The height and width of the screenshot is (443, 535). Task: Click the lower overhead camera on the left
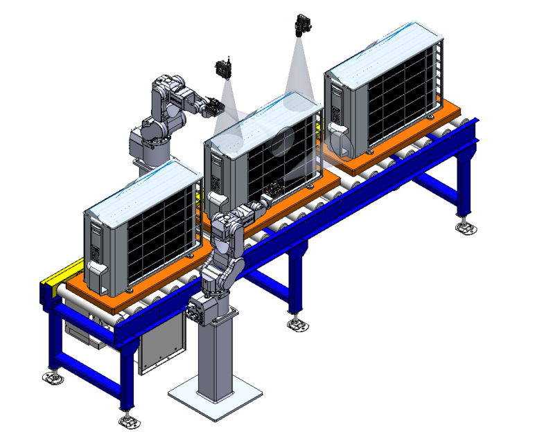pyautogui.click(x=224, y=69)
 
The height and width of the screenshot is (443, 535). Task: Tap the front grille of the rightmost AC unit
pyautogui.click(x=398, y=97)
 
